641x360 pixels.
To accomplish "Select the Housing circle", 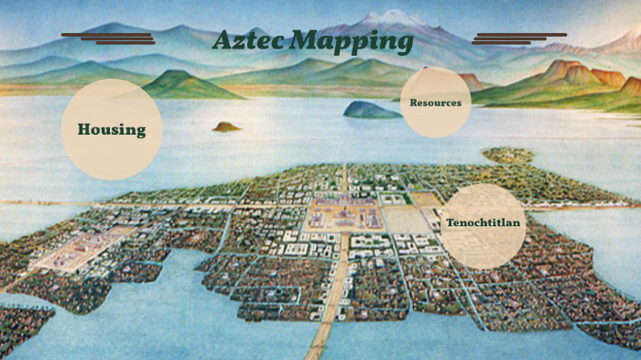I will (x=112, y=129).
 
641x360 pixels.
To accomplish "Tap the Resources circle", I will (x=436, y=103).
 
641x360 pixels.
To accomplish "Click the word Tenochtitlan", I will (x=483, y=224).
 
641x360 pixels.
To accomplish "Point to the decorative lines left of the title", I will (x=108, y=38).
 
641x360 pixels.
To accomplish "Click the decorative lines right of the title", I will (x=517, y=38).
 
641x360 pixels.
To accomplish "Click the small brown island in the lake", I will (x=226, y=126).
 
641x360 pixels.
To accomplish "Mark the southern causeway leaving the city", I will (x=323, y=330).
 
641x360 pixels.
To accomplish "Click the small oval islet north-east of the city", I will (x=508, y=156).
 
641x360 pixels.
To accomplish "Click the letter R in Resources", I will (x=414, y=103).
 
